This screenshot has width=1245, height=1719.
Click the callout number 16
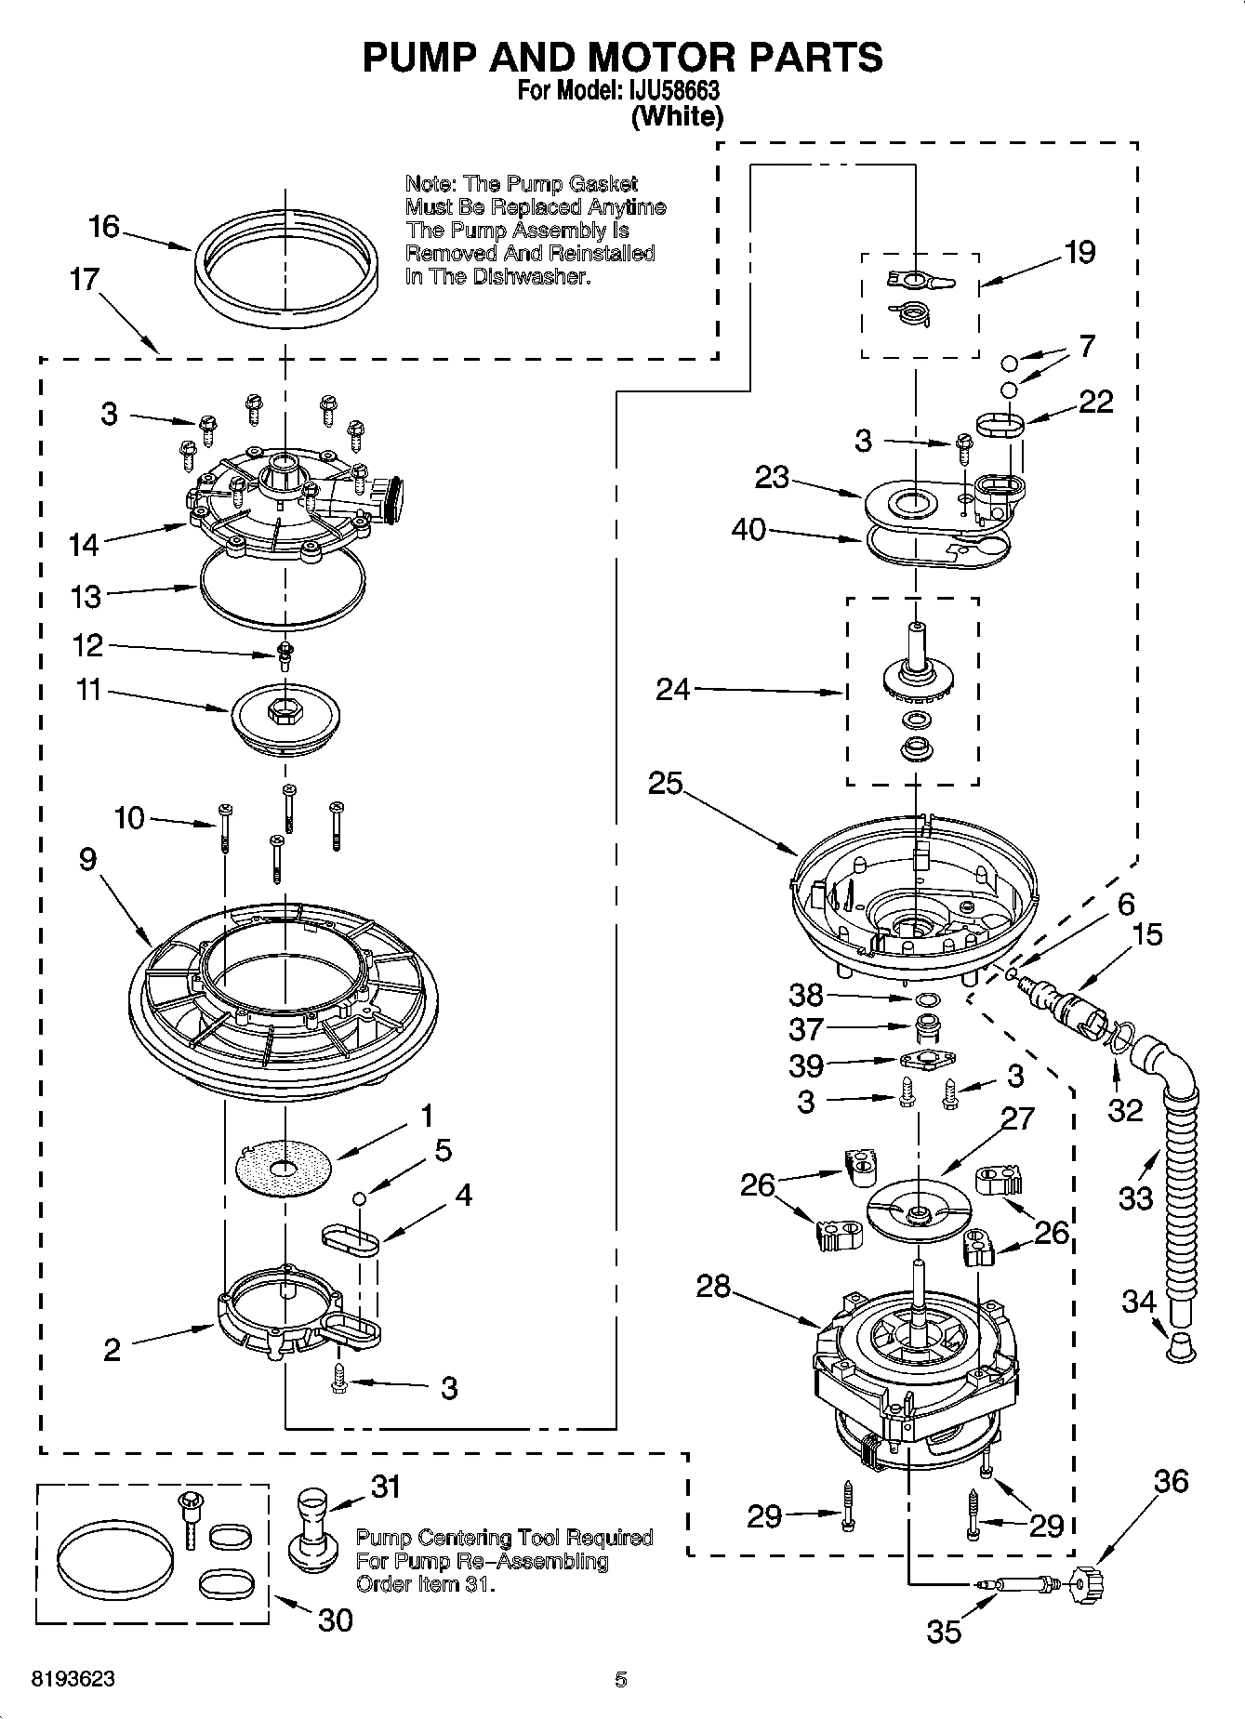(x=104, y=226)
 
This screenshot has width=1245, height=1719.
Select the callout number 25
(x=665, y=784)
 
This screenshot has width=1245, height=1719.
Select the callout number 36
(x=1171, y=1480)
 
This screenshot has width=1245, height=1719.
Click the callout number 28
(x=713, y=1287)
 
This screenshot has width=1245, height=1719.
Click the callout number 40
(x=748, y=530)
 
